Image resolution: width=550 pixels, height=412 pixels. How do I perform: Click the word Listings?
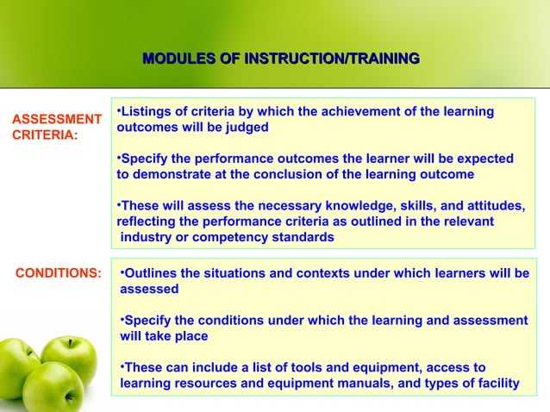coord(148,111)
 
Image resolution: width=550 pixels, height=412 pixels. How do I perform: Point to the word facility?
coord(495,383)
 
